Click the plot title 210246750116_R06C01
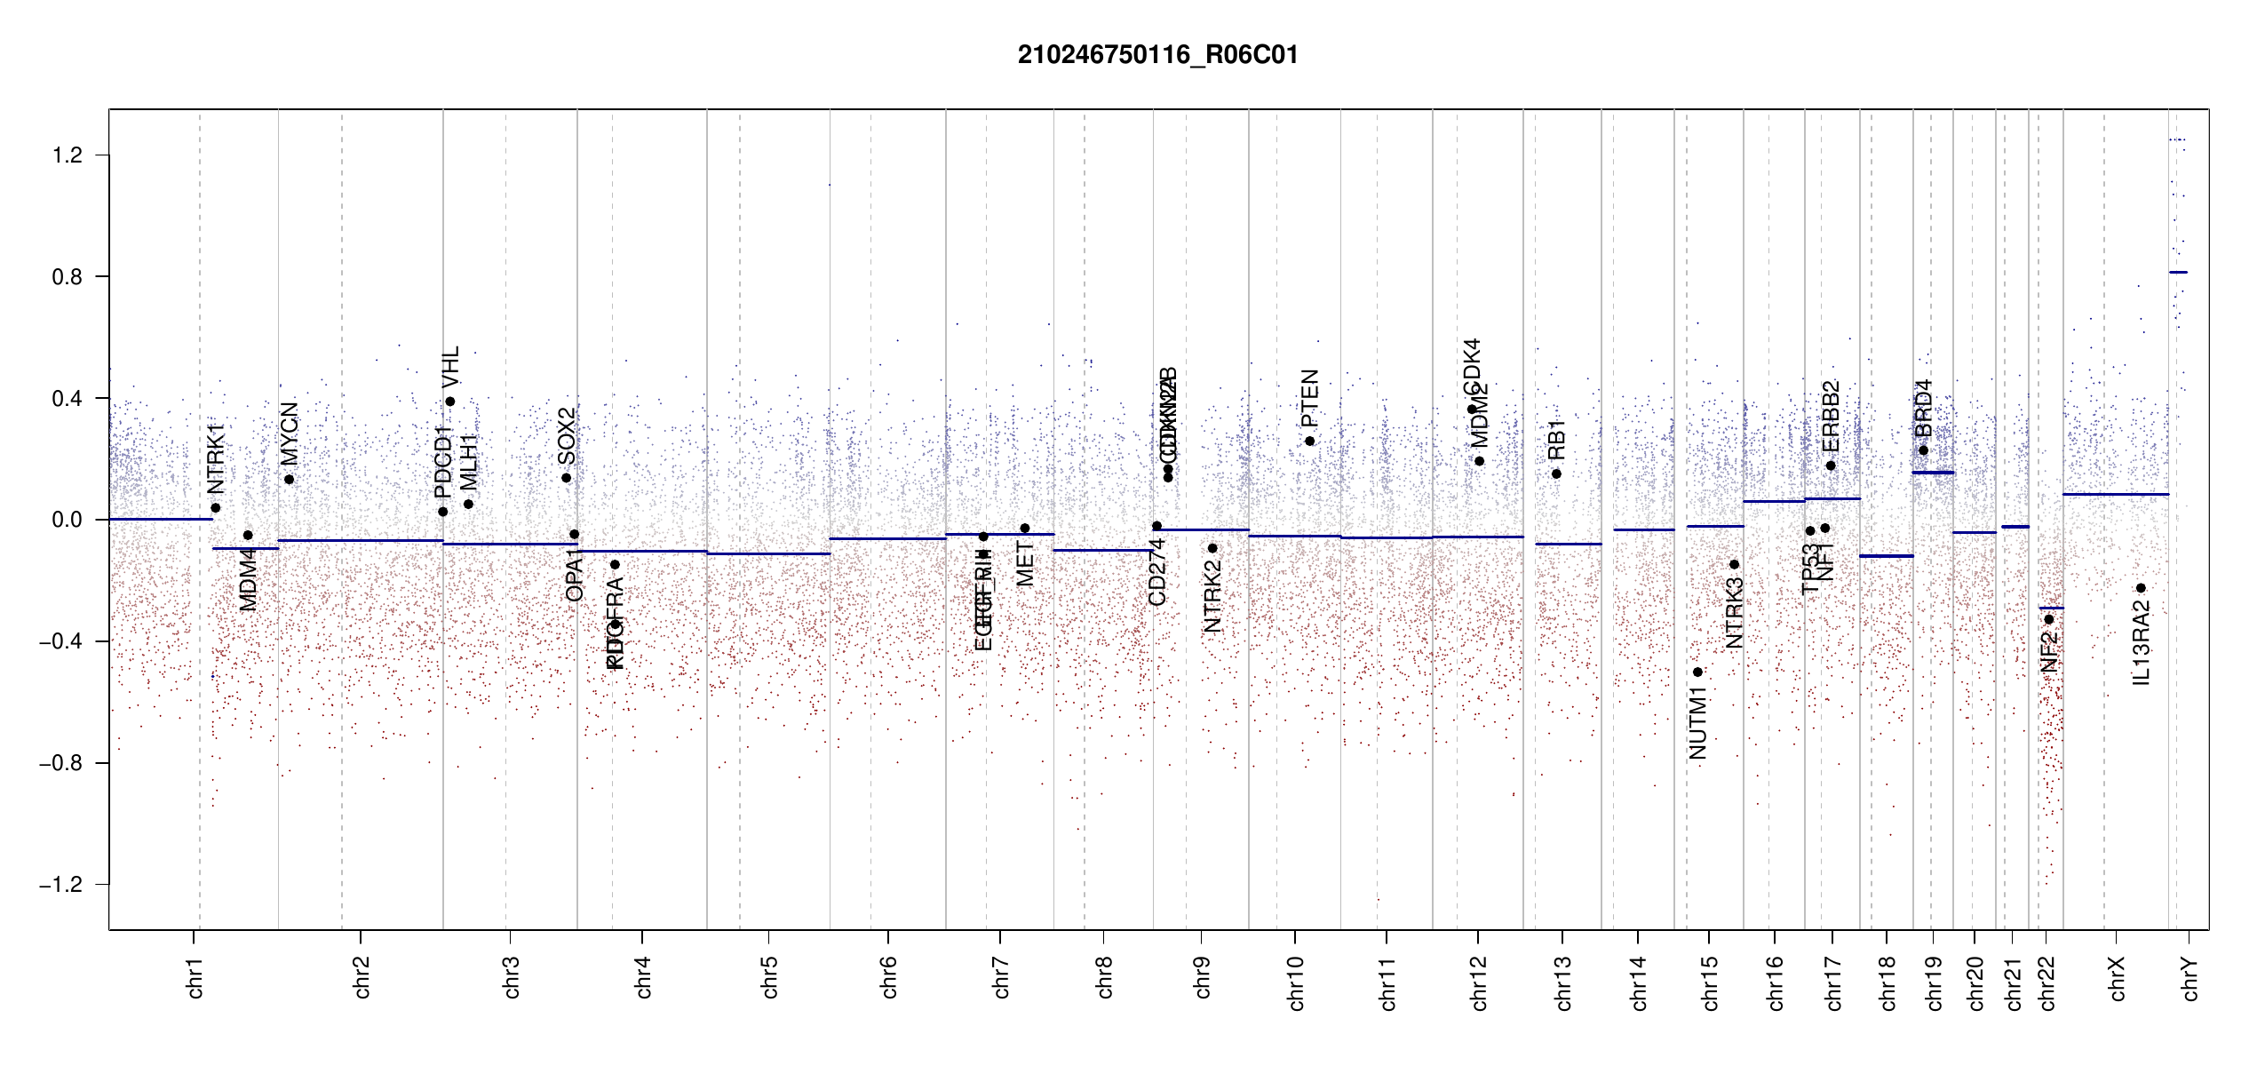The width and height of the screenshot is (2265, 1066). pos(1157,55)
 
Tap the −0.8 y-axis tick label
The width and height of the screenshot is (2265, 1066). pos(60,763)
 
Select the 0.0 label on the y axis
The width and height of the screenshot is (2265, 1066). pos(67,520)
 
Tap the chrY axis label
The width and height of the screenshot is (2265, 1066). pos(2190,978)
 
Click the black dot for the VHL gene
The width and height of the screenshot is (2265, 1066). pos(450,402)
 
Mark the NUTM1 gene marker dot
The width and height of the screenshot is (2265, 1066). pos(1697,672)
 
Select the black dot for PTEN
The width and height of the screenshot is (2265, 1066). pos(1309,442)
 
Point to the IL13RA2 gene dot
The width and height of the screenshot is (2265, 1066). pos(2141,588)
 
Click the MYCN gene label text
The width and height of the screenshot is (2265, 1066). pos(290,434)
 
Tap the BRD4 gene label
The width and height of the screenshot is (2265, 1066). pos(1923,408)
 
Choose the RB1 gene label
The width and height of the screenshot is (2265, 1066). pos(1556,440)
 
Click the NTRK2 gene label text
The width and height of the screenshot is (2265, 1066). pos(1212,596)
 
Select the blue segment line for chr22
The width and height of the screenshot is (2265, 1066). pos(2051,608)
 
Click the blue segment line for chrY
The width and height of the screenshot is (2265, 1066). pos(2178,272)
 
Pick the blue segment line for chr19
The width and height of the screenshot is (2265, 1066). pos(1933,473)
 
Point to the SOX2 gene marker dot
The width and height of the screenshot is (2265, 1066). pos(566,478)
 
